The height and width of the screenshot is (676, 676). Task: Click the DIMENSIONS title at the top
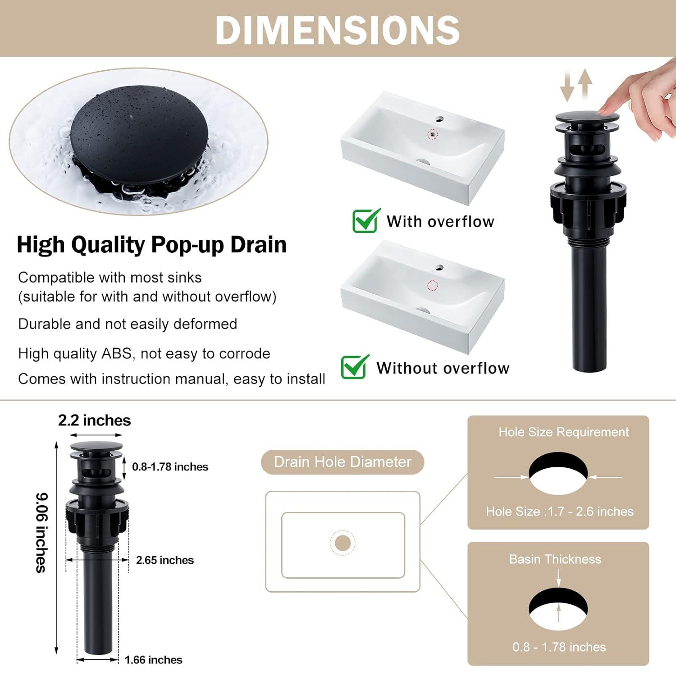[338, 30]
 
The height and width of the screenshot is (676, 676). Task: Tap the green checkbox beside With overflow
[365, 221]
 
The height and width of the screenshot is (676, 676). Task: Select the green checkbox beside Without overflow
[354, 367]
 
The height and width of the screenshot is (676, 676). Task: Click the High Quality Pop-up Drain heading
[151, 245]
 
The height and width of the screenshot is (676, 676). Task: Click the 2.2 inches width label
[94, 420]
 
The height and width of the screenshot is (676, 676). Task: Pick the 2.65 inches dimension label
[165, 560]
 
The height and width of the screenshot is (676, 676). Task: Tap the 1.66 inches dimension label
[153, 660]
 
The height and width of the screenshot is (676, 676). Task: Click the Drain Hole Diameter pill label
[343, 462]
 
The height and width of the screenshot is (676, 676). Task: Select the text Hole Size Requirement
[563, 432]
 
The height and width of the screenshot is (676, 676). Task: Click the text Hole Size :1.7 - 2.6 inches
[559, 512]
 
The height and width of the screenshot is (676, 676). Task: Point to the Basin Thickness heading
[555, 559]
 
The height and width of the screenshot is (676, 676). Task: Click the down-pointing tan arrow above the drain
[567, 87]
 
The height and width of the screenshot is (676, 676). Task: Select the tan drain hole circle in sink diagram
[343, 543]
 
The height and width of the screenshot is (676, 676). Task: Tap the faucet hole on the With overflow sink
[439, 119]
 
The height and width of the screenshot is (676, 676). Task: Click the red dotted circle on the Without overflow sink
[433, 285]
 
